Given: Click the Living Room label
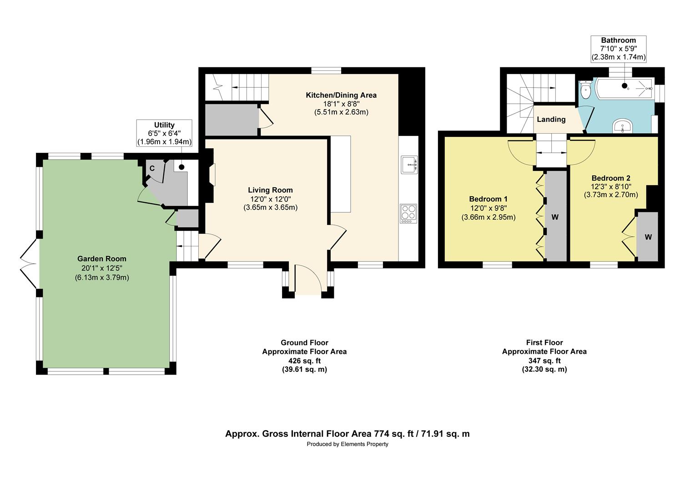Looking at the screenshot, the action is (x=270, y=190).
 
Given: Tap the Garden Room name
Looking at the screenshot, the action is (x=102, y=259).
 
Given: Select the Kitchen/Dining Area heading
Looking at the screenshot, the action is (x=341, y=95).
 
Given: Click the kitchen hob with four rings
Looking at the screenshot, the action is (x=408, y=213).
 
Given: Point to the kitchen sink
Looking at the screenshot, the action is (x=409, y=165).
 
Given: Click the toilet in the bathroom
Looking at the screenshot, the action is (x=585, y=90).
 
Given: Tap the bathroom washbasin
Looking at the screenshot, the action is (x=623, y=126).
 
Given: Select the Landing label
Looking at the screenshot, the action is (x=551, y=120).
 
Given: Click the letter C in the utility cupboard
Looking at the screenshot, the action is (x=152, y=168).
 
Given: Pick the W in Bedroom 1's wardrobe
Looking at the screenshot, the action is (x=555, y=217).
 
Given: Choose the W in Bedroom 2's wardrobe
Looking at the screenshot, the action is (x=648, y=237).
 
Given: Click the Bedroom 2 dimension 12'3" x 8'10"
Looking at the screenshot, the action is (x=611, y=186).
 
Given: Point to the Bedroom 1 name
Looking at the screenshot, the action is (x=488, y=199).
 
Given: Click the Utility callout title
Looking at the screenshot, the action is (x=164, y=125).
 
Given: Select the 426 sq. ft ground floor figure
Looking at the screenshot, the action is (x=304, y=361).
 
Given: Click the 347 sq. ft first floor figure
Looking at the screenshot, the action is (x=544, y=361).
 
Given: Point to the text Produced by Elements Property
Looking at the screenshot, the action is (x=347, y=444).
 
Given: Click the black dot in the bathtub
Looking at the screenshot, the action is (x=624, y=85).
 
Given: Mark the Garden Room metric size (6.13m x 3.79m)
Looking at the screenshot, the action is (x=102, y=278).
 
